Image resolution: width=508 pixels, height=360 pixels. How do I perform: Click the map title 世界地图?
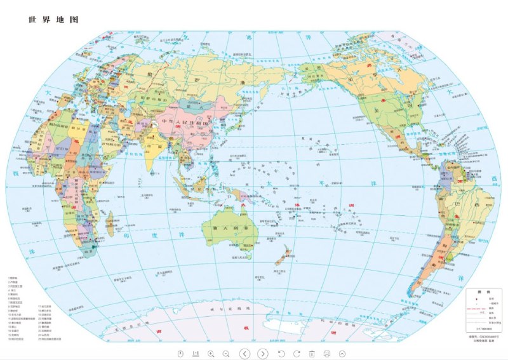[53, 20]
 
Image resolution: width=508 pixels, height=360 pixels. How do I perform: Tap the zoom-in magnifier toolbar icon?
[211, 353]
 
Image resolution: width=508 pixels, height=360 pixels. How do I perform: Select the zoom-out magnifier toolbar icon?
[225, 353]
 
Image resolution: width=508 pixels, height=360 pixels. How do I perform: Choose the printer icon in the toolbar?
[327, 353]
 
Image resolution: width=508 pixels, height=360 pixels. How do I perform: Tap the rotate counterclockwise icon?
[282, 353]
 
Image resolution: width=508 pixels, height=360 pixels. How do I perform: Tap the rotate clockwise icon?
[297, 353]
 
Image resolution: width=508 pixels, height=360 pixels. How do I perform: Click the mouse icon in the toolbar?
[180, 353]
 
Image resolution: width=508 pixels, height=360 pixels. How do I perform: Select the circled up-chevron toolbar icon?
[342, 353]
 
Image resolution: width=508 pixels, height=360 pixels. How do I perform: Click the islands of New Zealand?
[283, 257]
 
